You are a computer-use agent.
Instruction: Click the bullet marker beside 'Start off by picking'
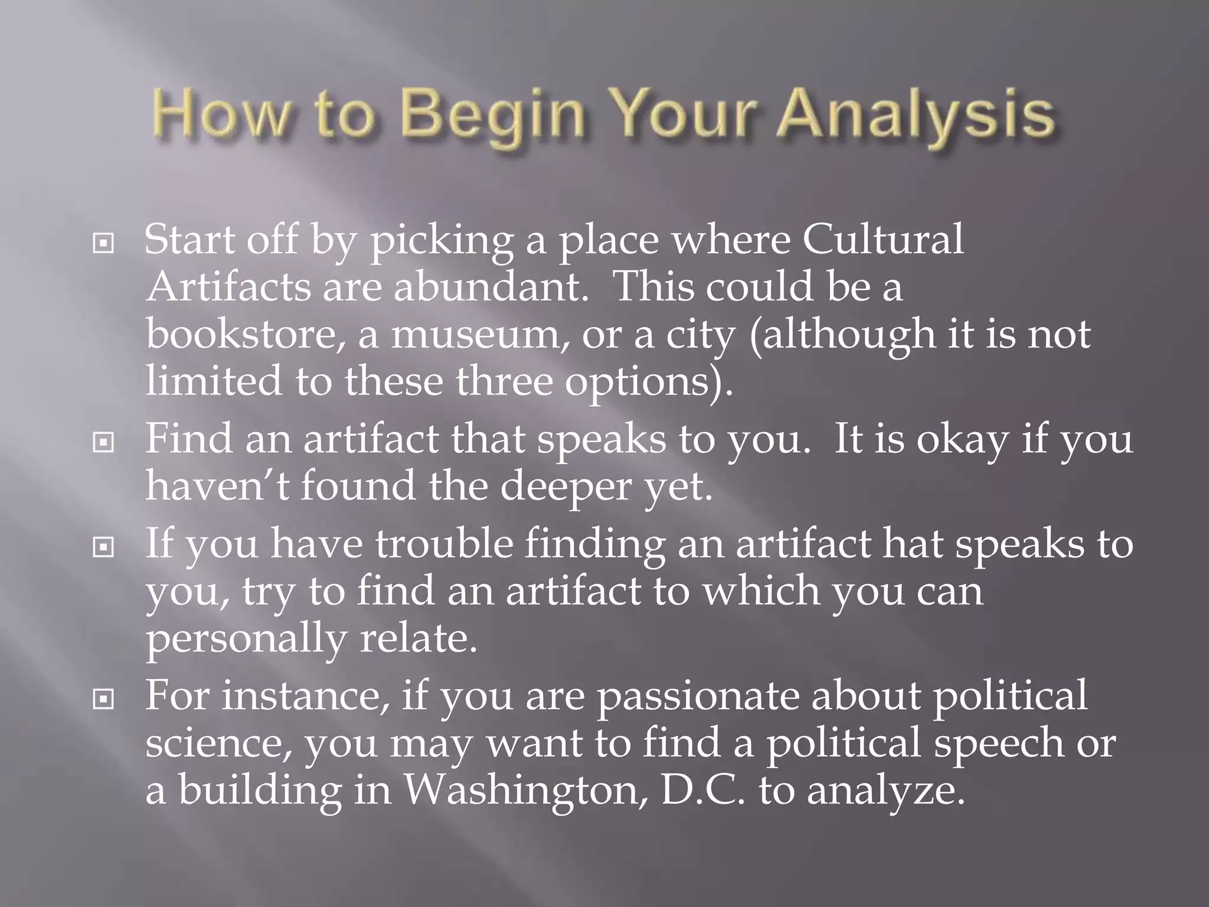(x=104, y=243)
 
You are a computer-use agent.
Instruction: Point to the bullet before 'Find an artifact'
(x=104, y=441)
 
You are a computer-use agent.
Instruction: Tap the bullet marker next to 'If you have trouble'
(x=104, y=547)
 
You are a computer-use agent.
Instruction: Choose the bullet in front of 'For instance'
(x=104, y=699)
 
